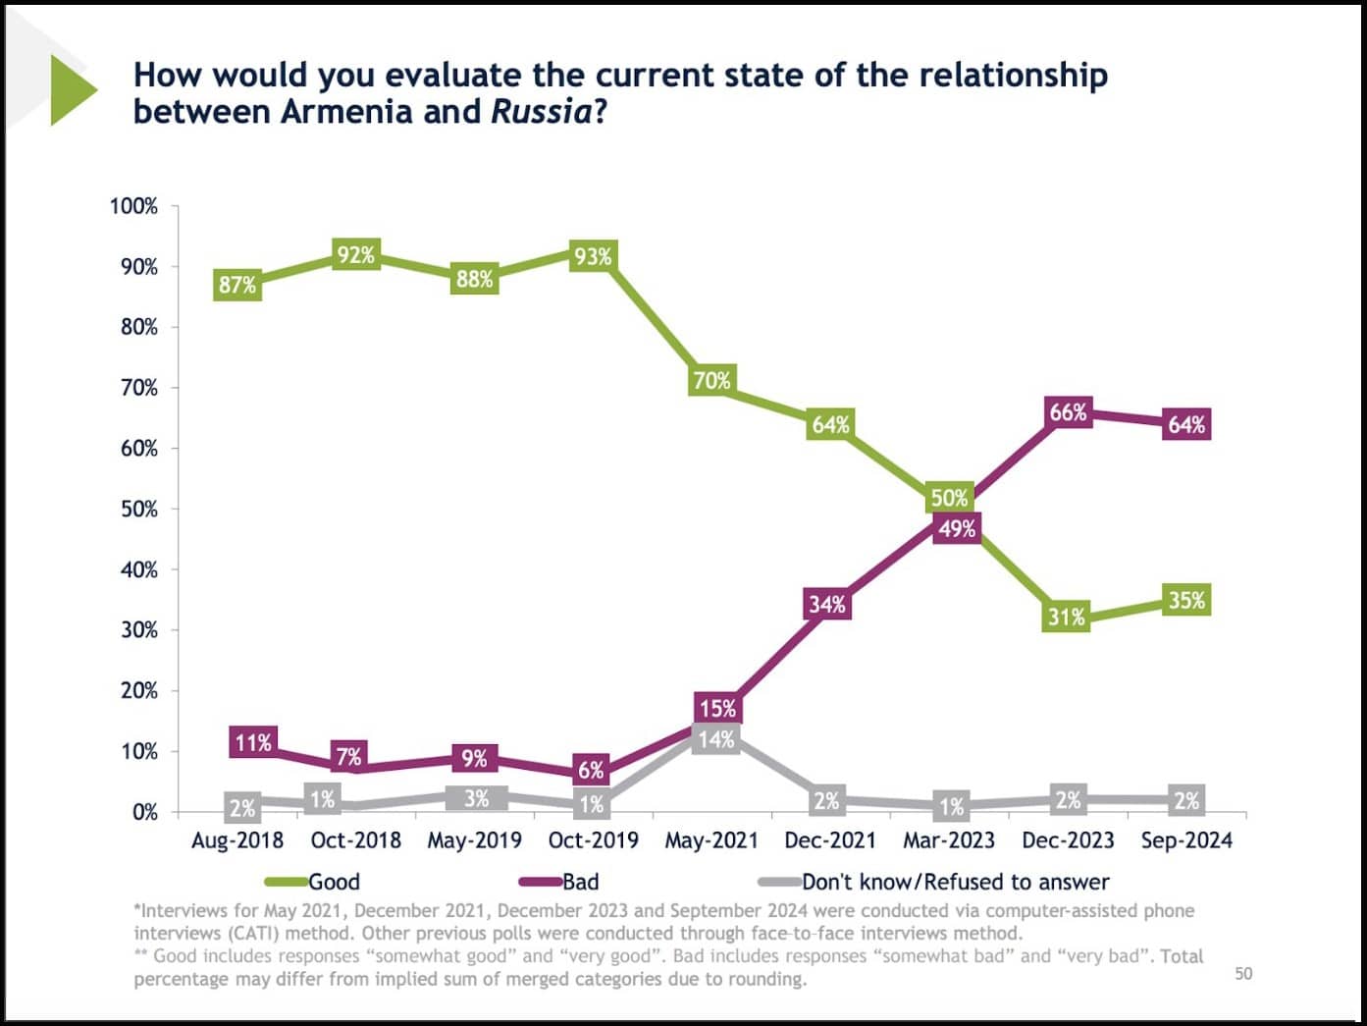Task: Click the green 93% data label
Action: point(593,257)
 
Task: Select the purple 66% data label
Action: point(1068,412)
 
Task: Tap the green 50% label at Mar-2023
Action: point(949,498)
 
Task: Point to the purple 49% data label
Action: point(957,529)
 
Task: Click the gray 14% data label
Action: point(716,739)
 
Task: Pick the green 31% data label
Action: point(1067,617)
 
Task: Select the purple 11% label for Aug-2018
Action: point(252,743)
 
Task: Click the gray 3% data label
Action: point(476,798)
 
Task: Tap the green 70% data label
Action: point(711,380)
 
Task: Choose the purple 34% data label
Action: point(827,604)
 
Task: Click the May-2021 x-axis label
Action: point(711,840)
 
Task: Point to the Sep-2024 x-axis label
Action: point(1186,840)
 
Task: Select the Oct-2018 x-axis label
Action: point(356,840)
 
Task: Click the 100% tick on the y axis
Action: point(133,206)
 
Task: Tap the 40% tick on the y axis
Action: point(138,569)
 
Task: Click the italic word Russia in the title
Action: point(541,112)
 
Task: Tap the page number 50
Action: point(1243,973)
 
